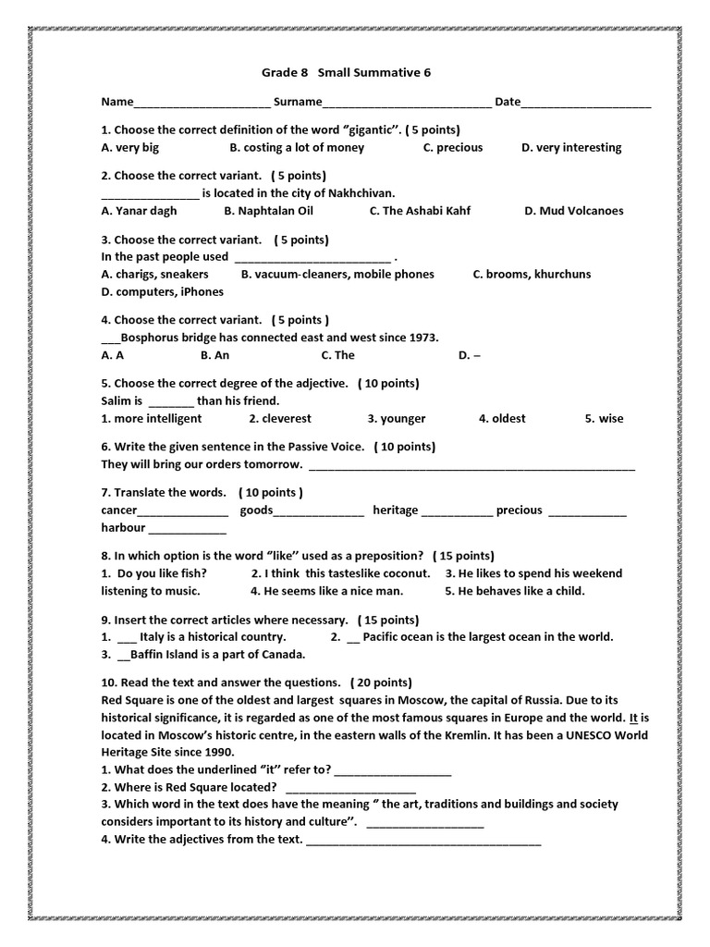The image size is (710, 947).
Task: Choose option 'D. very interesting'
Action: tap(571, 147)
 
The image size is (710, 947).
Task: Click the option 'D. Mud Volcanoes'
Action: tap(574, 210)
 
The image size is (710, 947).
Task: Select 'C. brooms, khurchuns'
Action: tap(532, 274)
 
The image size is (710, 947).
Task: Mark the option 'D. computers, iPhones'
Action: tap(163, 291)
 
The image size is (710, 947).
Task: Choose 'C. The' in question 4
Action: tap(337, 355)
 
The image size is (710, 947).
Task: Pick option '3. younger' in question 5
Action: tap(397, 418)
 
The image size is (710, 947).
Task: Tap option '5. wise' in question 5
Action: tap(604, 418)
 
